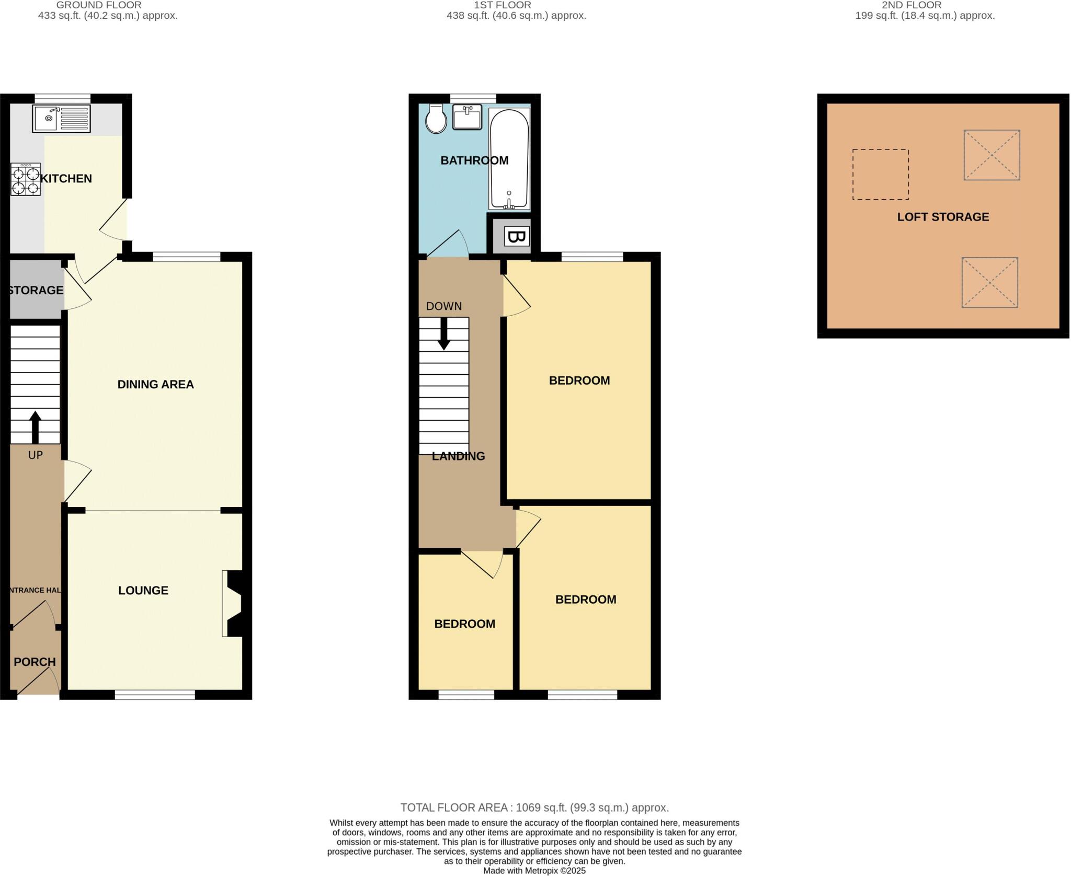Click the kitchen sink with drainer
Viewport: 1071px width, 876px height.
[x=61, y=118]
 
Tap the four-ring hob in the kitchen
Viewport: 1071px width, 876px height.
[x=26, y=179]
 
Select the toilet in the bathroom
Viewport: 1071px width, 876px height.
[x=436, y=119]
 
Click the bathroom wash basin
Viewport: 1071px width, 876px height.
[x=467, y=117]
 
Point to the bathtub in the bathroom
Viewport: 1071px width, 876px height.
[x=509, y=159]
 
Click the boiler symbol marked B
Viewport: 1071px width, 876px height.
[x=517, y=237]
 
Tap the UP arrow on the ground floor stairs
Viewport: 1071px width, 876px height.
[x=35, y=427]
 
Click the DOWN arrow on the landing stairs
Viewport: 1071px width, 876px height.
[x=444, y=333]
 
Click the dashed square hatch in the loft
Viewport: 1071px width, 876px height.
[x=880, y=174]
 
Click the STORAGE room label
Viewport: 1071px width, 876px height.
[x=36, y=290]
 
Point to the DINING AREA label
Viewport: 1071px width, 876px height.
[x=155, y=385]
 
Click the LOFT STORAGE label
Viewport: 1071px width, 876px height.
[x=943, y=217]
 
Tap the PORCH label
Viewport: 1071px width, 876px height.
[x=35, y=662]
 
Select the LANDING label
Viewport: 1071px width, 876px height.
[x=458, y=456]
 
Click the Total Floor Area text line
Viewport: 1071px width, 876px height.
[x=534, y=808]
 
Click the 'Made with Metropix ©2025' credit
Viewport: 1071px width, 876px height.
[x=534, y=871]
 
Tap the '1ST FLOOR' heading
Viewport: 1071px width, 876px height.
[x=502, y=5]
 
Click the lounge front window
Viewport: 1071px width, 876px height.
[x=155, y=695]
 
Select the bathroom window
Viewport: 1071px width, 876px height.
[x=473, y=98]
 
